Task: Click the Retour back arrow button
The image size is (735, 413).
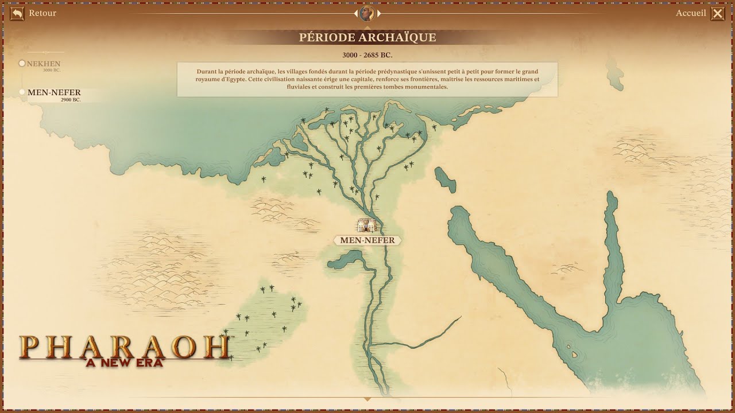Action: pyautogui.click(x=17, y=13)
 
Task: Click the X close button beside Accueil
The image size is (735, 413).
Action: pyautogui.click(x=718, y=13)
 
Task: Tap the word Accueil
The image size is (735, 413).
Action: pyautogui.click(x=690, y=13)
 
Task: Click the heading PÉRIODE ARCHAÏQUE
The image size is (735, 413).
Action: pyautogui.click(x=367, y=37)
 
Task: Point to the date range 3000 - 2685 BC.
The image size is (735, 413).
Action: pyautogui.click(x=367, y=56)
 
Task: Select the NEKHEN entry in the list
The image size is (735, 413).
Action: pyautogui.click(x=44, y=64)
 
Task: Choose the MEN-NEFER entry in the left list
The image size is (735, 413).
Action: pyautogui.click(x=54, y=92)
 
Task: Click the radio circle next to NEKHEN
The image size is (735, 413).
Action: pyautogui.click(x=22, y=64)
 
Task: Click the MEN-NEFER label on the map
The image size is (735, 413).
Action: pyautogui.click(x=367, y=240)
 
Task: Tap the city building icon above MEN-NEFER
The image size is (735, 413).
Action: pyautogui.click(x=366, y=224)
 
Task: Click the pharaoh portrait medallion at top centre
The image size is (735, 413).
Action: pyautogui.click(x=367, y=13)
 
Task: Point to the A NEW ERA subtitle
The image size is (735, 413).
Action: pyautogui.click(x=124, y=363)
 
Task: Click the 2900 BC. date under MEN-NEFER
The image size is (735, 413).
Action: pyautogui.click(x=71, y=100)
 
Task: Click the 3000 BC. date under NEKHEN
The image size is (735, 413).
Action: pyautogui.click(x=52, y=70)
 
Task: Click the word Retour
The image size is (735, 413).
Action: pyautogui.click(x=42, y=13)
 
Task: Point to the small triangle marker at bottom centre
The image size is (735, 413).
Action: pyautogui.click(x=367, y=399)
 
